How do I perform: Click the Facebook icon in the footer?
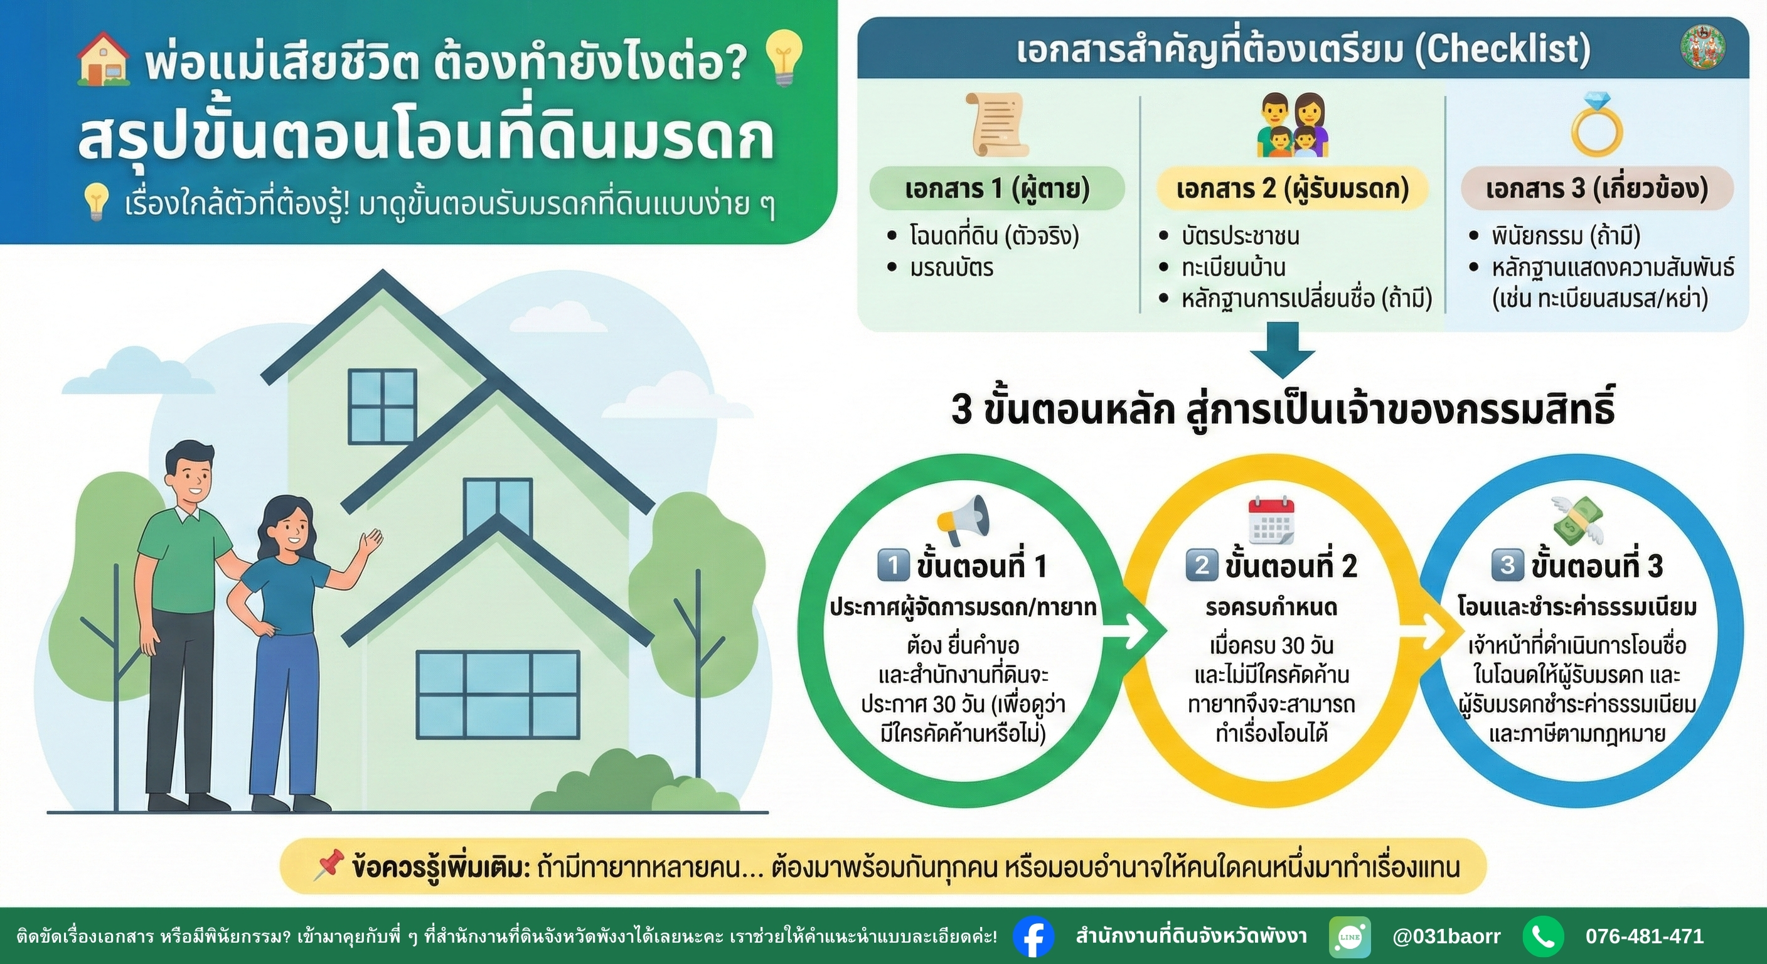1033,936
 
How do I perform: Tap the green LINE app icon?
1349,936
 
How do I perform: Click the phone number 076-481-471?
1644,936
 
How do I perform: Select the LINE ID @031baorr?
1446,936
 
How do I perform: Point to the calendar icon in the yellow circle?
1271,520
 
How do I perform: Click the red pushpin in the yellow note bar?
329,867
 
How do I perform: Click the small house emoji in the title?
104,59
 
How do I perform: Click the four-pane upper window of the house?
382,406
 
